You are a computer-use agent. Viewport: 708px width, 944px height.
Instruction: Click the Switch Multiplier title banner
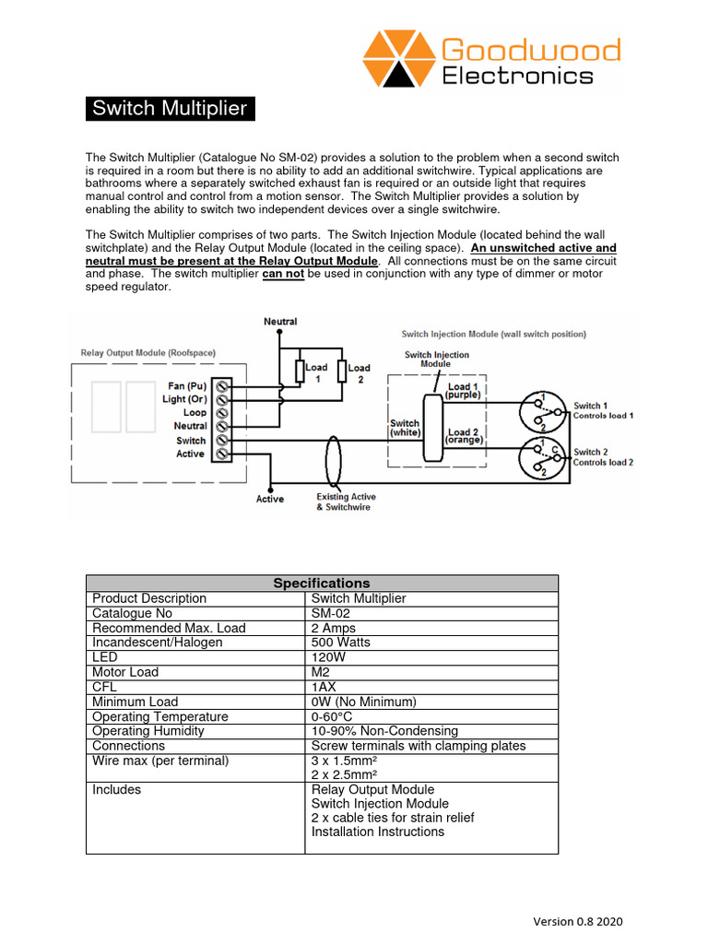coord(170,109)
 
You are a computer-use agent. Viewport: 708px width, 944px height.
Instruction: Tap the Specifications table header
coord(322,583)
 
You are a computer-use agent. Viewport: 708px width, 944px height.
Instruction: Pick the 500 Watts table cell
coord(340,643)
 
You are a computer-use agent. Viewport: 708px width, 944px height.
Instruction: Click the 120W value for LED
coord(330,657)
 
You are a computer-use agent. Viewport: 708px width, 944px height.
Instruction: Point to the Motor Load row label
coord(125,672)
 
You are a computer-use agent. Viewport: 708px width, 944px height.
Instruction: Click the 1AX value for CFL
coord(325,687)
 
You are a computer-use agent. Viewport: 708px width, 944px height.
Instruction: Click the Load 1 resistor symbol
coord(299,371)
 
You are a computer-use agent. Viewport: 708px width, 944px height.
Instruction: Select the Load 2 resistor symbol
coord(342,371)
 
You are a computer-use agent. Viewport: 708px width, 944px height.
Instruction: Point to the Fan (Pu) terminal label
coord(187,385)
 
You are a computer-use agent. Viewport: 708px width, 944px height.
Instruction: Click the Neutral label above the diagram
coord(280,322)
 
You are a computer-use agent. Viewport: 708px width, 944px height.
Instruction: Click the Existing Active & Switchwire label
coord(346,502)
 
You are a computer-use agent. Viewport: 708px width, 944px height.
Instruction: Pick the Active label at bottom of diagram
coord(270,500)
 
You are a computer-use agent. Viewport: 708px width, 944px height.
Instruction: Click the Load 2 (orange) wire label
coord(463,436)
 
